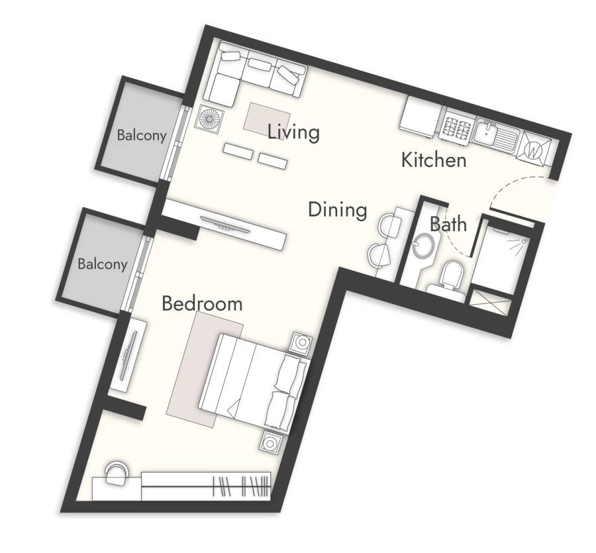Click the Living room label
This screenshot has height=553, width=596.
293,132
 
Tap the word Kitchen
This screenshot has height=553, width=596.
434,160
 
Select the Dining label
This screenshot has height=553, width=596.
337,211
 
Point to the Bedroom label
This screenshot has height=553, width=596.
202,304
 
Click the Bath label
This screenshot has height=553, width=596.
448,224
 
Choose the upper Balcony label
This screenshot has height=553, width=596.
141,136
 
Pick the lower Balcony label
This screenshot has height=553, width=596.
102,264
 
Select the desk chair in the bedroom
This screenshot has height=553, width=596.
117,472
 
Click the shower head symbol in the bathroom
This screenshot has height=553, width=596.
522,242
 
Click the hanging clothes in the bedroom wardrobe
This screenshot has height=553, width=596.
242,487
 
